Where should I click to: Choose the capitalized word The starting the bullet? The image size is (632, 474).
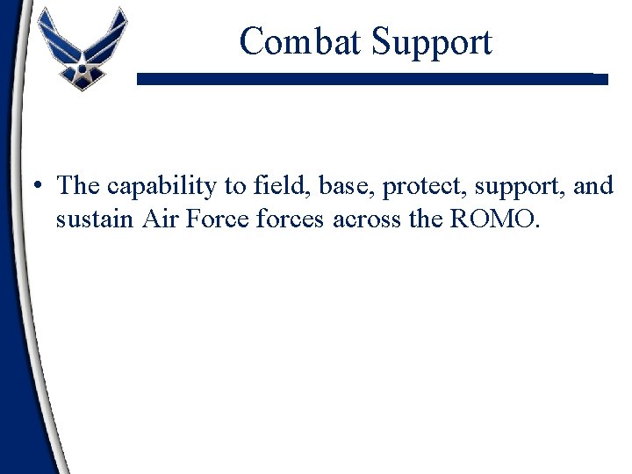click(x=77, y=185)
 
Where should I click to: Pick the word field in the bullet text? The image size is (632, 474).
click(x=271, y=185)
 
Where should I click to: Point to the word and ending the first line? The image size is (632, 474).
click(x=593, y=185)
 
